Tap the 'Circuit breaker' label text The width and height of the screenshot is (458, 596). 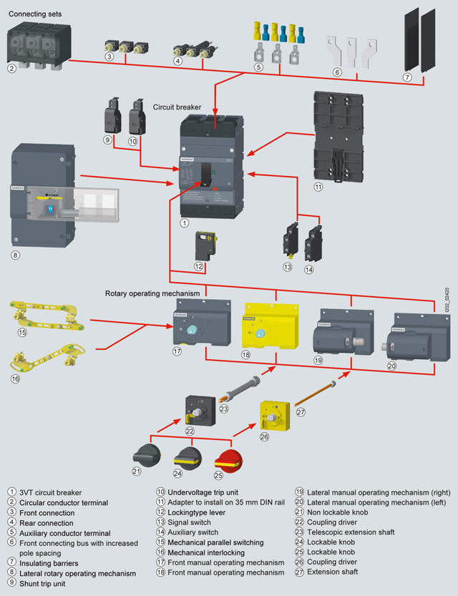pos(177,107)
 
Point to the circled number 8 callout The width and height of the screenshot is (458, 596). pos(16,254)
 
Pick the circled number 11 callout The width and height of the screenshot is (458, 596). pos(318,187)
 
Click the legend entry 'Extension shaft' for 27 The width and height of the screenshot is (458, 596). pos(333,572)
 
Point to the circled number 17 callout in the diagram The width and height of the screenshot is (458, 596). pos(177,351)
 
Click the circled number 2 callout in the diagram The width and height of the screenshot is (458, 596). pos(12,69)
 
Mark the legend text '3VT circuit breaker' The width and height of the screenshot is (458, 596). pos(50,492)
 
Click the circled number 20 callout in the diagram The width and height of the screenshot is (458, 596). pos(391,365)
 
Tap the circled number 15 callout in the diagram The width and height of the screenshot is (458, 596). pos(22,332)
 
